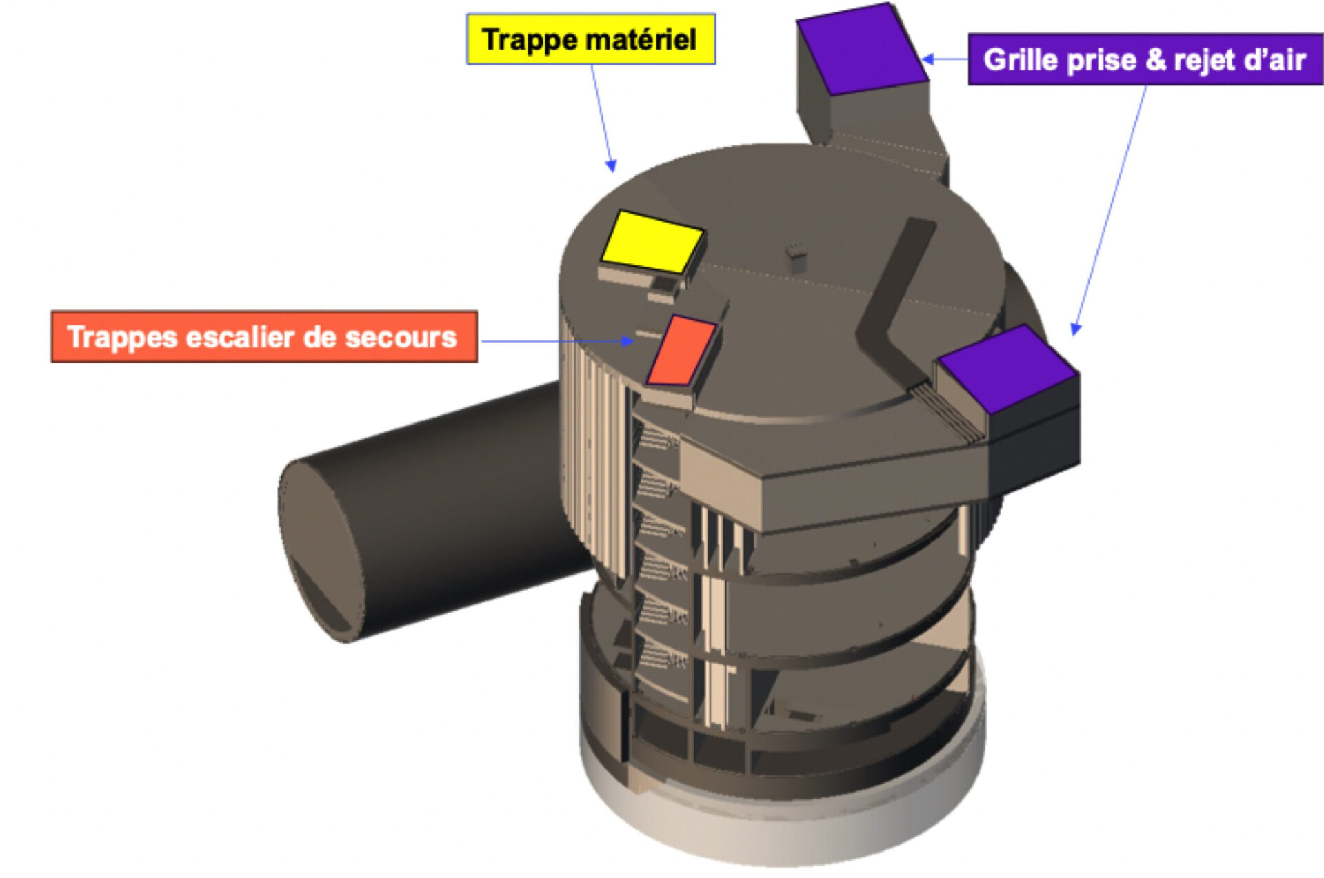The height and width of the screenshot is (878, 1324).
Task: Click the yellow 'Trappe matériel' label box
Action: click(x=591, y=39)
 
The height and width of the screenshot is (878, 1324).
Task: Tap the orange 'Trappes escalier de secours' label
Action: click(x=264, y=336)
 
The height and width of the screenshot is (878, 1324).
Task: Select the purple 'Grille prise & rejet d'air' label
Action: click(x=1145, y=59)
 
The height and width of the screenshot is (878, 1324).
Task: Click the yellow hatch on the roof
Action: click(x=652, y=241)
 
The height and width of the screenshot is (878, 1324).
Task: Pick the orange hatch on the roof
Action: click(x=681, y=350)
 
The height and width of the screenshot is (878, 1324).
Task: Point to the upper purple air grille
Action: click(x=862, y=48)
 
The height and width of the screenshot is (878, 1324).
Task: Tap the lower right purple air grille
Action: click(x=1008, y=369)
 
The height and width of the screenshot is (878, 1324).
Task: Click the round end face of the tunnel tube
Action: click(x=321, y=551)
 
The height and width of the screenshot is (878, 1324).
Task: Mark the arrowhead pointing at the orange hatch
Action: click(x=628, y=340)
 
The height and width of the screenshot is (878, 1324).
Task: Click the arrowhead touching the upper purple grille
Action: click(x=928, y=59)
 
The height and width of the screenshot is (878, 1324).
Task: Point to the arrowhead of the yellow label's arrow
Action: click(x=611, y=165)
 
